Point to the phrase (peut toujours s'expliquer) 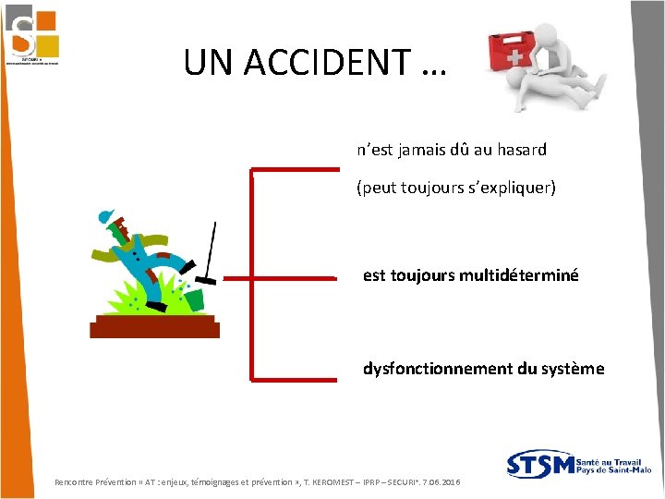pyautogui.click(x=456, y=188)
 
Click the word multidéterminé pyautogui.click(x=520, y=274)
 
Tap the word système pyautogui.click(x=574, y=369)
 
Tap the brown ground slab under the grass pyautogui.click(x=154, y=325)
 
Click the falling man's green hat pyautogui.click(x=106, y=217)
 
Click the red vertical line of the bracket pyautogui.click(x=251, y=274)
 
